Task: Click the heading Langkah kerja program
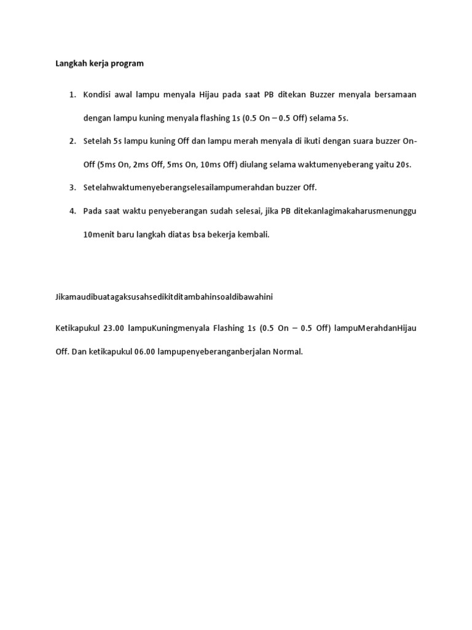[x=100, y=63]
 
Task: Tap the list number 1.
[x=73, y=94]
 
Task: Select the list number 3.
[x=73, y=188]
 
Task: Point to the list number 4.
[x=73, y=211]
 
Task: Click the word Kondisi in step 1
[x=96, y=94]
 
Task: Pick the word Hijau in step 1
[x=210, y=94]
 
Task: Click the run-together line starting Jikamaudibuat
[x=164, y=297]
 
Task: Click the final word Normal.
[x=288, y=352]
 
